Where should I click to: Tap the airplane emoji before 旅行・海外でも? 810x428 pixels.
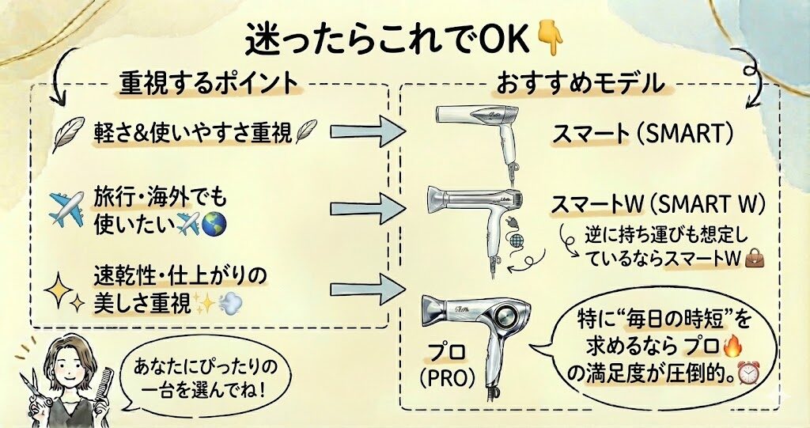[x=66, y=207]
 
